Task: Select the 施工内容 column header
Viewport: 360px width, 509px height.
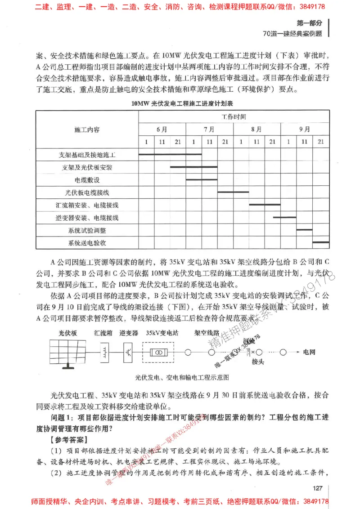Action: (87, 129)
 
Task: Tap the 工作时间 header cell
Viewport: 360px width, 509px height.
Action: (234, 117)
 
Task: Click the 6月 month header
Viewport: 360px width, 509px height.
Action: (162, 129)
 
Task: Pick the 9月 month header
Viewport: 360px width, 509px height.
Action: (305, 129)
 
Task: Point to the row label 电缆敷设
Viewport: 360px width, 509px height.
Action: (87, 180)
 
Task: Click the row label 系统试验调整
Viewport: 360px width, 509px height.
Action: (87, 231)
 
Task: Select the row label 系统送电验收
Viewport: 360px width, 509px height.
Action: (87, 243)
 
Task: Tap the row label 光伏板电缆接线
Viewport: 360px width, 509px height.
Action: (87, 192)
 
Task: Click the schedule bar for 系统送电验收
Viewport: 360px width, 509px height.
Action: (320, 242)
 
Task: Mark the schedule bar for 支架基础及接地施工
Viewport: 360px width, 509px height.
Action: (170, 154)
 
